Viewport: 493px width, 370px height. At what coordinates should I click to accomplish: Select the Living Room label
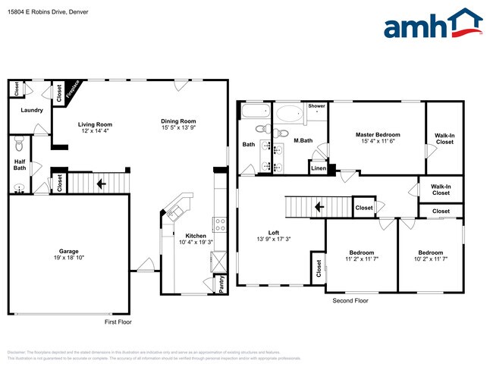click(95, 124)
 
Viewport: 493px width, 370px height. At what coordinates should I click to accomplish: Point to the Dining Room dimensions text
click(178, 128)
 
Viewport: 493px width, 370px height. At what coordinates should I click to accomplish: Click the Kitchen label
click(193, 237)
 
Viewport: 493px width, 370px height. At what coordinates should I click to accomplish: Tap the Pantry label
click(221, 284)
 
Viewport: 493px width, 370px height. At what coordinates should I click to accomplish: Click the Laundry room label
click(32, 111)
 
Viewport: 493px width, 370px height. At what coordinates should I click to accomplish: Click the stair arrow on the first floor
click(100, 183)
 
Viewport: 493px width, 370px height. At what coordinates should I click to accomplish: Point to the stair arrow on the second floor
click(319, 206)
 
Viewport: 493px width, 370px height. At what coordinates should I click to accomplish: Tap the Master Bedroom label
click(377, 135)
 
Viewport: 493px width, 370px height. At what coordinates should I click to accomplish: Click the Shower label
click(316, 106)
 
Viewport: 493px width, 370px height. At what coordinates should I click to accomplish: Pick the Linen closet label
click(319, 169)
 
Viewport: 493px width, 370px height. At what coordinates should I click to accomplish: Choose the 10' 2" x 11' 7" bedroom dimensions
click(431, 259)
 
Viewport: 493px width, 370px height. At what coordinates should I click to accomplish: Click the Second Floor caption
click(350, 301)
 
